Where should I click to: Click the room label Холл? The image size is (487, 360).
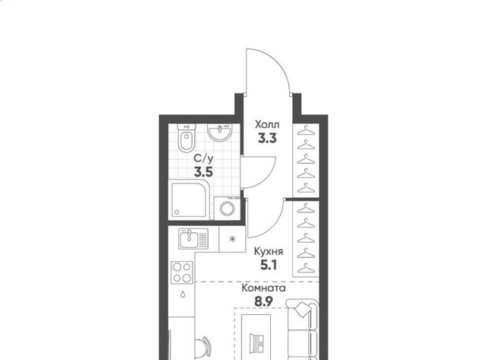pos(267,125)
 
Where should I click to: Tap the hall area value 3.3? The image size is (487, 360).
pos(267,139)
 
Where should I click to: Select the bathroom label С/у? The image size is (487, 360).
pos(204,159)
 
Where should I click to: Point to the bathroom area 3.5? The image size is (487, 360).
pos(204,171)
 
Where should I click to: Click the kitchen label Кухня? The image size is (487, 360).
pos(269,251)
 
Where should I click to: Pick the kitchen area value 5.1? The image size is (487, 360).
pos(269,265)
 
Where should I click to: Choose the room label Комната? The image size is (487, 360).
pos(264,288)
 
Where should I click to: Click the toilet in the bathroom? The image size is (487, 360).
pos(186,138)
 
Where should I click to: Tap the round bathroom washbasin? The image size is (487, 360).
pos(220,132)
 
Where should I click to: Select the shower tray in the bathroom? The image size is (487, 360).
pos(189,200)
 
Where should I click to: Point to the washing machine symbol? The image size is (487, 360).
pos(228,208)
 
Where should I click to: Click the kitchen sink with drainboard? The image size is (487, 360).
pos(193,238)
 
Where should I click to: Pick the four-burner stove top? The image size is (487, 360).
pos(182,272)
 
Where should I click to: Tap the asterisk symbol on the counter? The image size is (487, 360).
pos(232,239)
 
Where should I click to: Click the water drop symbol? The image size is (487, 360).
pos(183,294)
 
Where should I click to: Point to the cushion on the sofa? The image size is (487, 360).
pos(303,309)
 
